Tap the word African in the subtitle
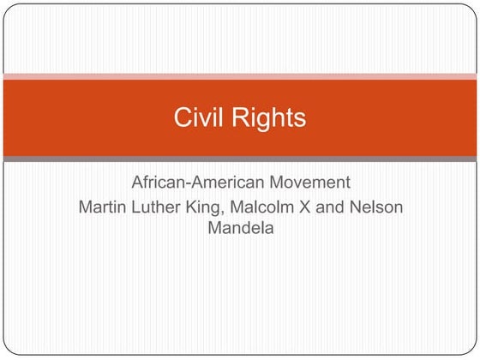(159, 183)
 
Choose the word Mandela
(240, 228)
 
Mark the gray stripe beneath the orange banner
(240, 159)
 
